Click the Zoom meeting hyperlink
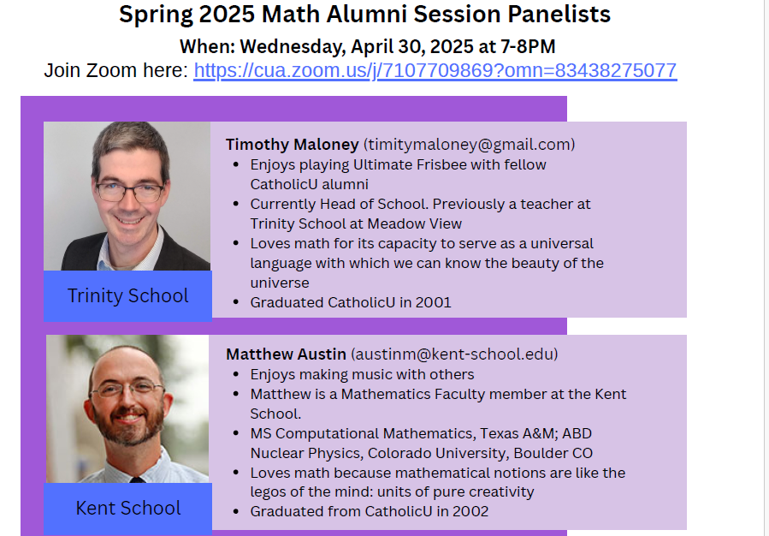click(x=435, y=71)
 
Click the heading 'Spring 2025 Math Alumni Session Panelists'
click(x=365, y=14)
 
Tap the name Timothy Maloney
click(x=293, y=145)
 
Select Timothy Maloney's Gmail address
click(x=470, y=145)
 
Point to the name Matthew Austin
click(x=286, y=354)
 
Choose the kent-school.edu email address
click(x=454, y=354)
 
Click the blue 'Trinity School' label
click(x=127, y=296)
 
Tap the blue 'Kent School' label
click(x=128, y=509)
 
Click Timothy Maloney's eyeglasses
click(x=129, y=192)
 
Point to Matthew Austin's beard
click(x=127, y=423)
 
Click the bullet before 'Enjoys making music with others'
click(x=236, y=374)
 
